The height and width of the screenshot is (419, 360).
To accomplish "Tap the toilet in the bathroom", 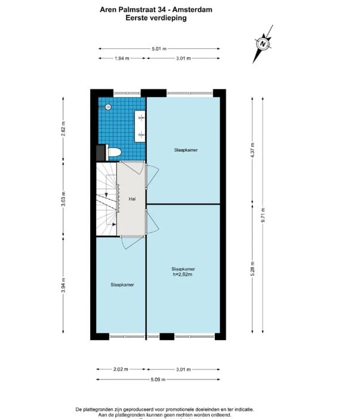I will pos(114,153).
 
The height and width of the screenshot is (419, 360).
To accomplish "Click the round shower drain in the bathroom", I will pos(108,107).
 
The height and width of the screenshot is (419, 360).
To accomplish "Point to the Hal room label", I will pos(131,198).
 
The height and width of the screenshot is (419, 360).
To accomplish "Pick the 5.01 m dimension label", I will pos(159,48).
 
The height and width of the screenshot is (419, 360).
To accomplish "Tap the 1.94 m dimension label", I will pos(122,58).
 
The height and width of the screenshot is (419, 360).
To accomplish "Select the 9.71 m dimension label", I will pos(263,214).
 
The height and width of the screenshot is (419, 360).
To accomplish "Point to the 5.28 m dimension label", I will pos(253,269).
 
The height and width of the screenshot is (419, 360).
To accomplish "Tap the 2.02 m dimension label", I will pos(121,369).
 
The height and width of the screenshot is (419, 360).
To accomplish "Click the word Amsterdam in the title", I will pos(192,10).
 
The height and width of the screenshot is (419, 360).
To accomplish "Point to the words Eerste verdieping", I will pos(156,18).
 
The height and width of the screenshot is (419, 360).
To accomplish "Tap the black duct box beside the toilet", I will pos(100,153).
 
